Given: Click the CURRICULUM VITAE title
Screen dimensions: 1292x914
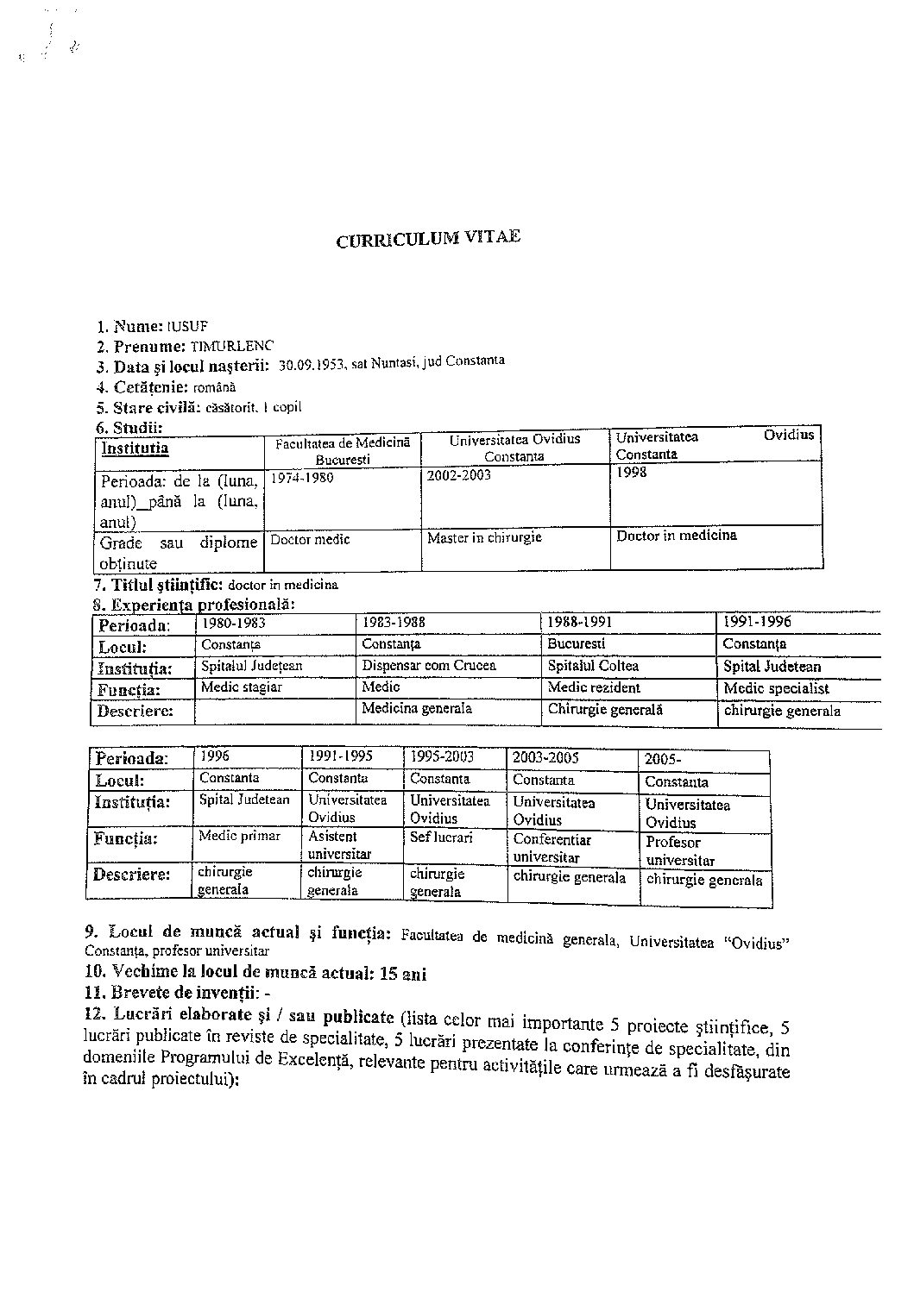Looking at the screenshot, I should click(428, 239).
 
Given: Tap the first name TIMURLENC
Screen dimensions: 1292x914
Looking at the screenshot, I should click(231, 346).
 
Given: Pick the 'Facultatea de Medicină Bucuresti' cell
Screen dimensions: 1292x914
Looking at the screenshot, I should click(343, 450).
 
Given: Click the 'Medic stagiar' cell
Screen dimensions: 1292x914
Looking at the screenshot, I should click(241, 687).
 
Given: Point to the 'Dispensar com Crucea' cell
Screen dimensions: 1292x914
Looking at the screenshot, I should click(429, 666).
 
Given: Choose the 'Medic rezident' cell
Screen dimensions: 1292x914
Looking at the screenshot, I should click(594, 687).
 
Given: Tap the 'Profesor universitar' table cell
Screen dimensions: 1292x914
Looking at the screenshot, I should click(680, 850).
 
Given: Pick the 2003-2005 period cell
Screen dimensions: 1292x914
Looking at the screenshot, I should click(545, 758).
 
